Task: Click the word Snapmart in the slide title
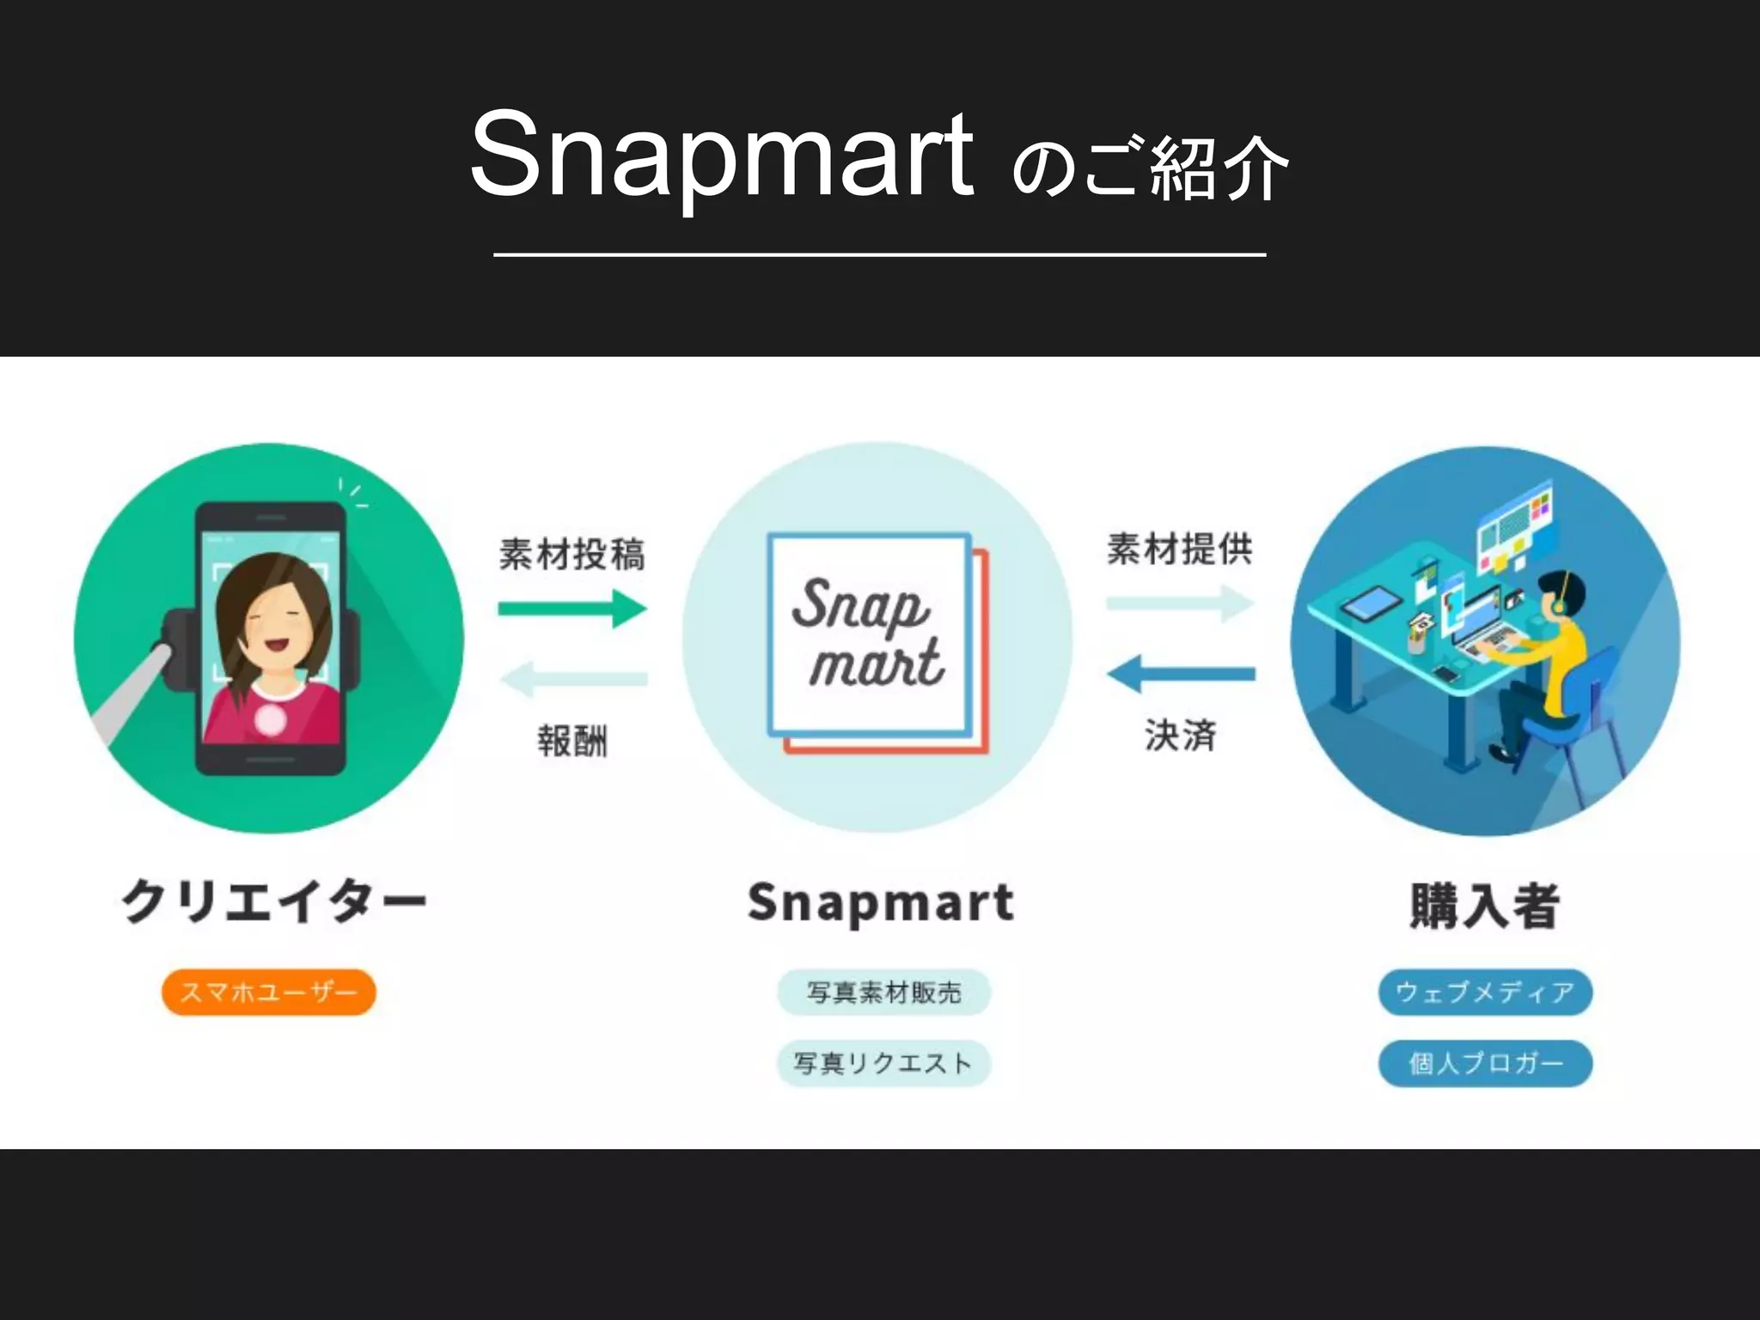click(x=722, y=157)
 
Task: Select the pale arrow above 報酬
click(x=572, y=679)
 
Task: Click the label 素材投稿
click(x=572, y=554)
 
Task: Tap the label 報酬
click(x=572, y=741)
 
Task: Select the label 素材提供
click(x=1180, y=549)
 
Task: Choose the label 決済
click(x=1180, y=736)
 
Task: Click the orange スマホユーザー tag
click(x=269, y=993)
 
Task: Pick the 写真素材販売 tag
click(x=883, y=993)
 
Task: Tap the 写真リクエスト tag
click(x=883, y=1064)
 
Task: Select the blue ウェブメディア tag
click(x=1485, y=993)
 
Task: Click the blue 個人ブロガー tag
click(x=1485, y=1064)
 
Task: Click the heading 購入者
click(x=1485, y=906)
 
